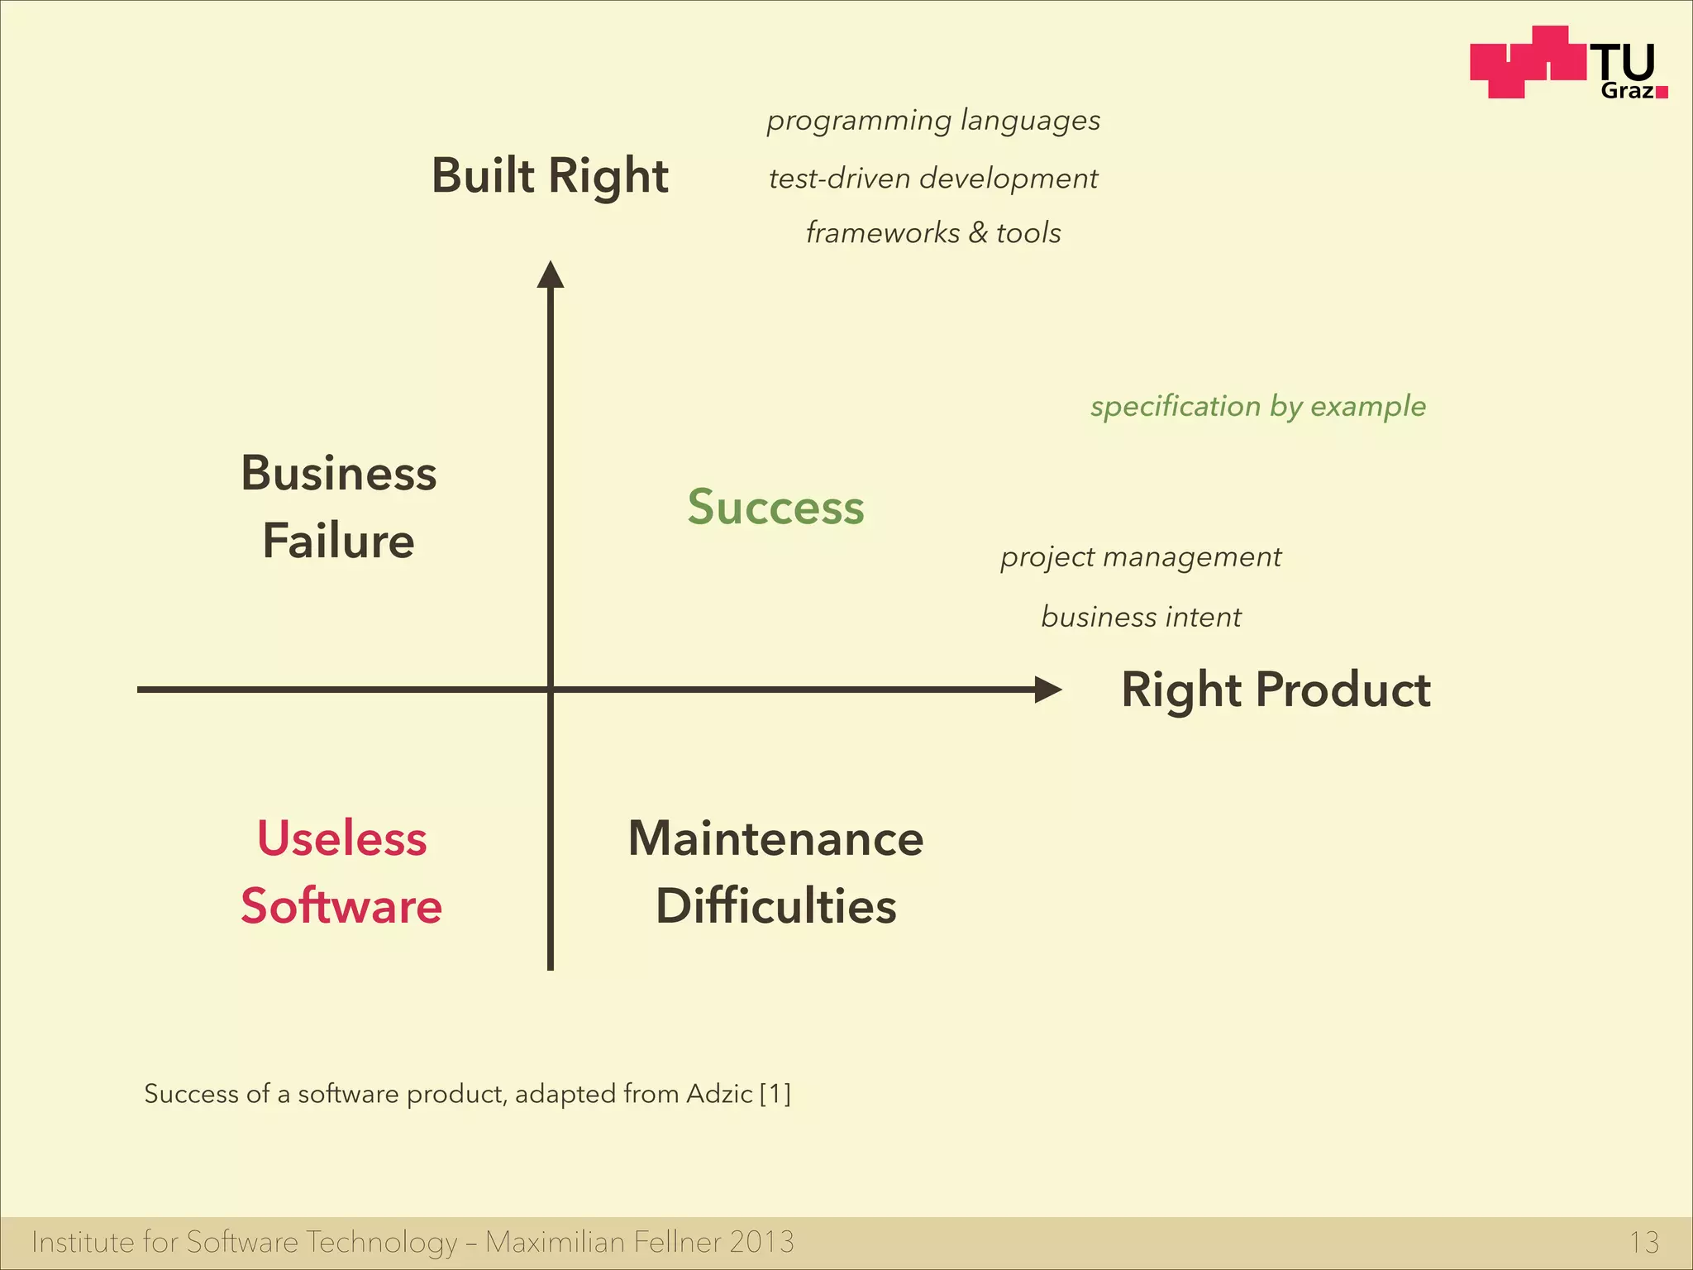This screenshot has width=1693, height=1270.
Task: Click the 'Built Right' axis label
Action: [x=550, y=176]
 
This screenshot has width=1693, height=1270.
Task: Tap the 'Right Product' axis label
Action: [x=1276, y=690]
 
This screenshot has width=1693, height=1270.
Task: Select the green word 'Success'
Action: [x=775, y=507]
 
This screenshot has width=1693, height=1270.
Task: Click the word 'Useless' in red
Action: [x=341, y=838]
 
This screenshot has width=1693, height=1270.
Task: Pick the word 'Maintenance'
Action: [x=775, y=838]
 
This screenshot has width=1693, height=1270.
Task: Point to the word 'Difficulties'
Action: [x=775, y=906]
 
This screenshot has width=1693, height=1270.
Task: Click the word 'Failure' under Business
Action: [x=338, y=542]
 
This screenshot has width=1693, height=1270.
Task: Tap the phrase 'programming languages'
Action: [x=933, y=121]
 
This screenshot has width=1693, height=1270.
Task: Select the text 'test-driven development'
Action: [x=933, y=179]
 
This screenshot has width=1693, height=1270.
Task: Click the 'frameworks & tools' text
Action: [x=933, y=233]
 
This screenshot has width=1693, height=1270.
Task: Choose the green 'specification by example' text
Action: [x=1257, y=406]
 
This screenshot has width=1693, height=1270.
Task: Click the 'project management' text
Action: [x=1141, y=557]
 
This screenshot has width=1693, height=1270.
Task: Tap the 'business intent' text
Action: [x=1141, y=617]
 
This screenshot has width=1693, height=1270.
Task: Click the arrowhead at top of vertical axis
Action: [x=551, y=275]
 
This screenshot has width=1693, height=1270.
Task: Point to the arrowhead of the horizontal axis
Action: [x=1047, y=690]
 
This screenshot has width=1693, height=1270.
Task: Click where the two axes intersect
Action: [x=551, y=690]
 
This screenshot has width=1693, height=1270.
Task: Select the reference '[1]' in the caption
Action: [x=775, y=1094]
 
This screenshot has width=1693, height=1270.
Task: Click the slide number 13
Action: [x=1643, y=1242]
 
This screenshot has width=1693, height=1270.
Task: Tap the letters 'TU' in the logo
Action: [x=1625, y=63]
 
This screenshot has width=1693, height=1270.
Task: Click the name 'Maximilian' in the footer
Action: [x=555, y=1242]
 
